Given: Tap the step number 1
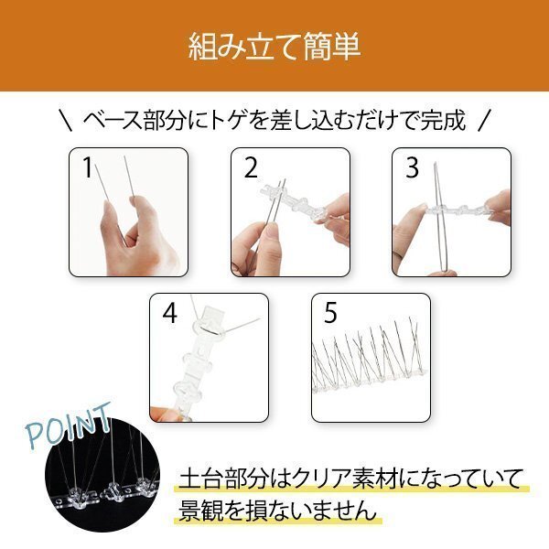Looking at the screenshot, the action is click(x=87, y=167).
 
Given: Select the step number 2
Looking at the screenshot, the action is click(x=251, y=168).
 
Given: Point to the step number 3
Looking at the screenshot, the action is click(x=412, y=167).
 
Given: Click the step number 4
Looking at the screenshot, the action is click(x=170, y=313).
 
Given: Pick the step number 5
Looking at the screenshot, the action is click(x=330, y=313).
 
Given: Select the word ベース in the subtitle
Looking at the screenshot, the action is click(x=113, y=121).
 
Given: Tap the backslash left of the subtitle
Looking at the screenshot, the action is click(x=66, y=121).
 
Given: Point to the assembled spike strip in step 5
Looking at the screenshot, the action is click(x=370, y=357).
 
